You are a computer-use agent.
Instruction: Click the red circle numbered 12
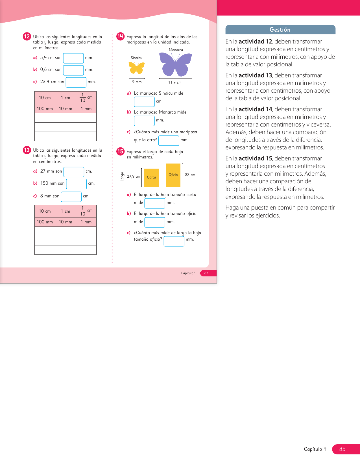27,36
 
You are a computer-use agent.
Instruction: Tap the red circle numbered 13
27,150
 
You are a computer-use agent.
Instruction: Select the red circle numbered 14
120,36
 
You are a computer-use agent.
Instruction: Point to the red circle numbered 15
120,151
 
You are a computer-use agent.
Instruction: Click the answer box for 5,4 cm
73,58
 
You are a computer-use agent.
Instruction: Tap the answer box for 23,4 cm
76,82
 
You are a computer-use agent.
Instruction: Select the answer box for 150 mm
76,184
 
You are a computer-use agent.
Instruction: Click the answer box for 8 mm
71,197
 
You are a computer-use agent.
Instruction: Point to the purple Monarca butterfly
175,65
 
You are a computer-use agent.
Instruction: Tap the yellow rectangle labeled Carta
151,178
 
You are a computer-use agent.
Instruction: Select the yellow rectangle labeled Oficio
173,175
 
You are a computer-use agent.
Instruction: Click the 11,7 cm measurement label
175,82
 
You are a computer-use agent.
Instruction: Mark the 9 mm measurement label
137,82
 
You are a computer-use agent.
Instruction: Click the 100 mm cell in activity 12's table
45,109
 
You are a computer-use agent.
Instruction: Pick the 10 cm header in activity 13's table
45,211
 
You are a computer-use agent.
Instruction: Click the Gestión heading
280,30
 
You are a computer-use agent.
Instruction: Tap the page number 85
342,449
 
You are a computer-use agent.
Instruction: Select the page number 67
206,273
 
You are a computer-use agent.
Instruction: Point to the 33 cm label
190,175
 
